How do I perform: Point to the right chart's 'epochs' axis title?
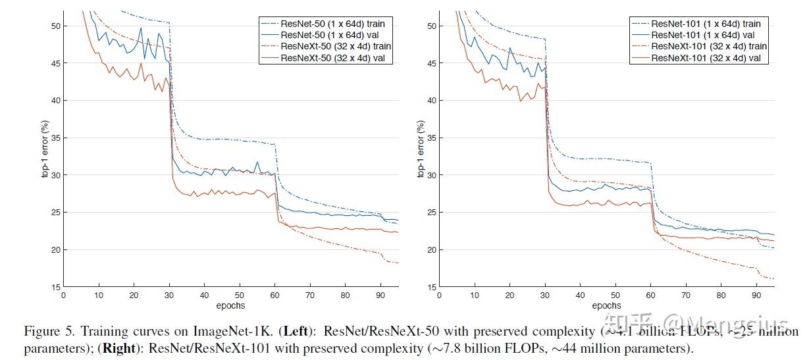pos(606,305)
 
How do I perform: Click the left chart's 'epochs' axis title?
pos(230,305)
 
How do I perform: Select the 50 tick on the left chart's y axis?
pos(56,26)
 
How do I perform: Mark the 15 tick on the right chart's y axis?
pos(431,288)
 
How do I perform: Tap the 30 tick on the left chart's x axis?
pos(169,296)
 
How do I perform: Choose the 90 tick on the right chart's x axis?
pos(756,296)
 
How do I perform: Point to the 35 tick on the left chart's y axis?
pos(56,138)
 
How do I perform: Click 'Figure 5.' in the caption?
pos(47,330)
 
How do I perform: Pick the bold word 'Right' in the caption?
pos(120,348)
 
